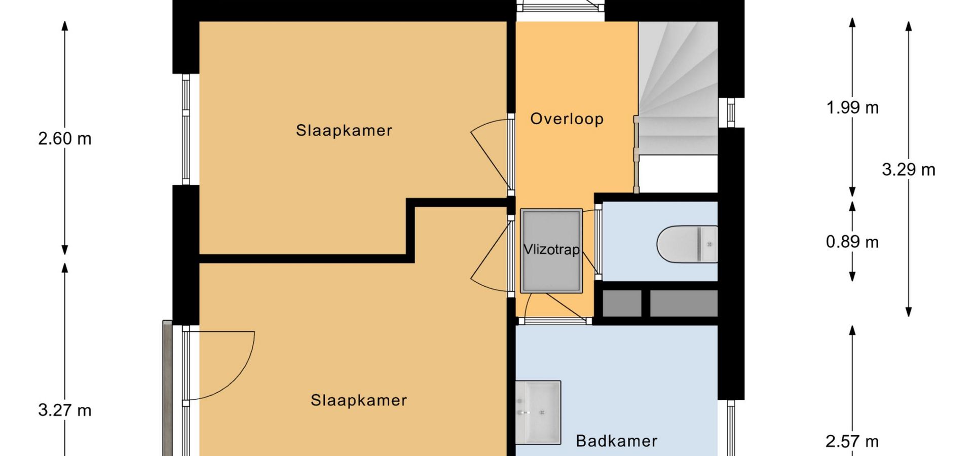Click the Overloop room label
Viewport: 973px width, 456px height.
[567, 119]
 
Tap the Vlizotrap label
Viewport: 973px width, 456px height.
[551, 249]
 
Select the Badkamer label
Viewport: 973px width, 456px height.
[617, 441]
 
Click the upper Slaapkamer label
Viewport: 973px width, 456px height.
[344, 131]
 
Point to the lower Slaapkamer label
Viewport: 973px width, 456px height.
[359, 400]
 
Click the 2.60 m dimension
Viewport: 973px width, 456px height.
[65, 138]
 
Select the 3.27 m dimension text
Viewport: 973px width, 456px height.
[65, 410]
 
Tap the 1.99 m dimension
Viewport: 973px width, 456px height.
[852, 107]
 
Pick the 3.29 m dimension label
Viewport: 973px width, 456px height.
[909, 169]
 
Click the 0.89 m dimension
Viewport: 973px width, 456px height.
[852, 242]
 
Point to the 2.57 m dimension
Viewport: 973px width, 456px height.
[852, 441]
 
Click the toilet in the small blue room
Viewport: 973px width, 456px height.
[687, 244]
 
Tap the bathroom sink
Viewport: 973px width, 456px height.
[538, 412]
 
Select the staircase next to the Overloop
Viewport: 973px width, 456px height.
[678, 88]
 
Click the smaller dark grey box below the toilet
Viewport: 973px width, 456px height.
[622, 303]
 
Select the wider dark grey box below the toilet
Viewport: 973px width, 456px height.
[684, 303]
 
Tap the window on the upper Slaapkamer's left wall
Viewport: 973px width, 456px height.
[186, 129]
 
